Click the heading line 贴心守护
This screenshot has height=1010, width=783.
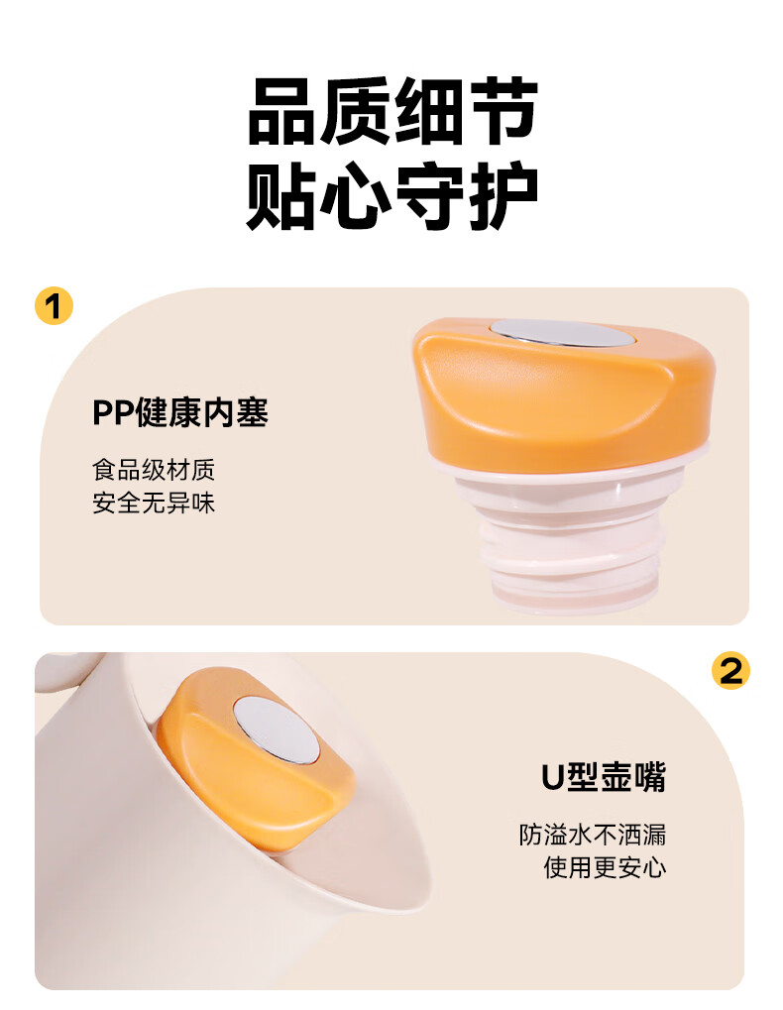tap(391, 197)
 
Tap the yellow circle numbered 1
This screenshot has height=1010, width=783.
tap(54, 306)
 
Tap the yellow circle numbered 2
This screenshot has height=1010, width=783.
tap(730, 671)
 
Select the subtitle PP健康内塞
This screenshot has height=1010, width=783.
tap(180, 412)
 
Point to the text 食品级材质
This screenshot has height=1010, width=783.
tap(154, 469)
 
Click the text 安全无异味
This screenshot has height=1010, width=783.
tap(154, 504)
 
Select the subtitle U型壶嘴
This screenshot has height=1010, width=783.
tap(603, 777)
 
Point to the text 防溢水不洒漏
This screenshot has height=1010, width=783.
tap(593, 834)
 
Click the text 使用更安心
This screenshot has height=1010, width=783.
tap(605, 868)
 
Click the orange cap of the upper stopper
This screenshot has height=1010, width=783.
tap(555, 396)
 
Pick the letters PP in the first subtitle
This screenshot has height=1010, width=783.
tap(114, 412)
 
